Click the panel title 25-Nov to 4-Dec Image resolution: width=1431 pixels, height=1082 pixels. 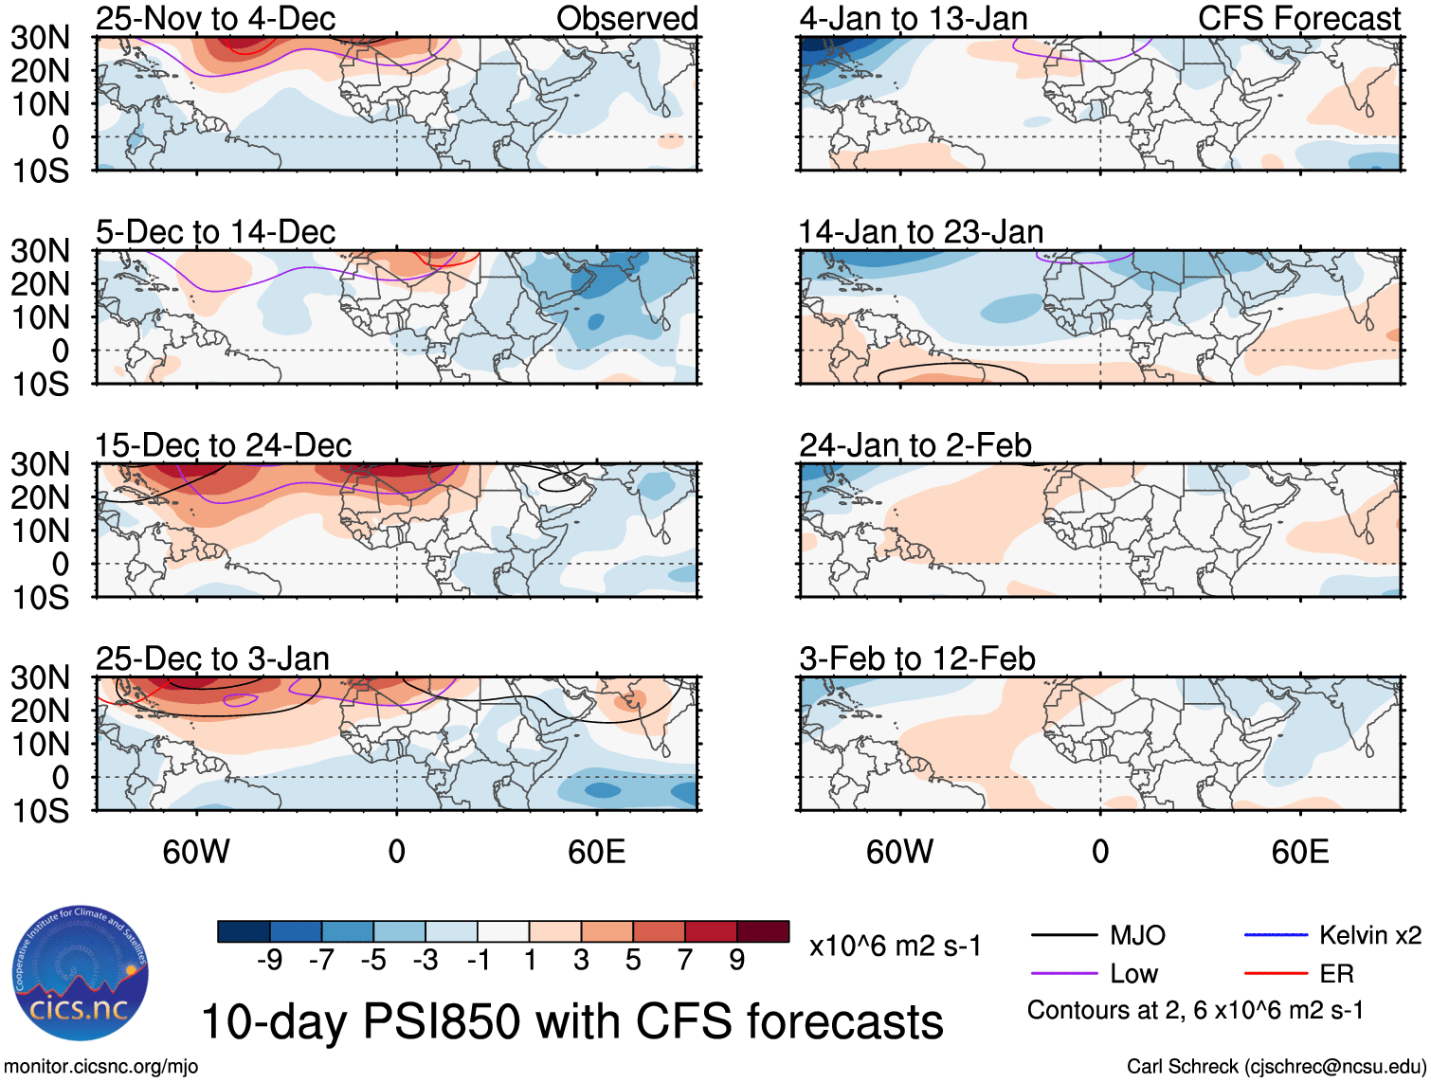tap(215, 19)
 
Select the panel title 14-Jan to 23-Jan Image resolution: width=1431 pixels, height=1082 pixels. tap(920, 232)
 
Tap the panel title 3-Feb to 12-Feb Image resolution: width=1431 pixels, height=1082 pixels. tap(916, 658)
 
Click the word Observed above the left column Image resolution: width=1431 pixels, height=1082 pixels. tap(626, 19)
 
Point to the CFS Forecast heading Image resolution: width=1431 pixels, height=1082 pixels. tap(1298, 19)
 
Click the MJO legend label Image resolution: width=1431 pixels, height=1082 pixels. tap(1137, 936)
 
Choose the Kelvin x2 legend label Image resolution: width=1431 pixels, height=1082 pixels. tap(1369, 936)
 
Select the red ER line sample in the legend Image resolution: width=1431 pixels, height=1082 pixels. tap(1275, 973)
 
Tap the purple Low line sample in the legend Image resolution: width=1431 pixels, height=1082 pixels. tap(1064, 973)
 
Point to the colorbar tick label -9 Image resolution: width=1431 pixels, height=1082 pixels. tap(270, 961)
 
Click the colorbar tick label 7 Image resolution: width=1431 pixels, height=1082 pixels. tap(685, 961)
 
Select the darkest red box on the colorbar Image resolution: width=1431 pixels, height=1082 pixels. tap(763, 931)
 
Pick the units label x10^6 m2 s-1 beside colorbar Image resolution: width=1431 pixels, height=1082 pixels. tap(895, 946)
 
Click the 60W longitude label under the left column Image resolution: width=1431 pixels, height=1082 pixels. tap(196, 852)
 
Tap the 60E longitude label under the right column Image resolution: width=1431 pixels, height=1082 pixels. tap(1299, 852)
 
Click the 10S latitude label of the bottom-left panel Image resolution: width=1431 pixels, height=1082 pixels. tap(40, 811)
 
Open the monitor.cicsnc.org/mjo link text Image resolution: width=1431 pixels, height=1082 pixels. tap(101, 1067)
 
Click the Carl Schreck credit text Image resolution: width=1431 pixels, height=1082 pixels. tap(1276, 1067)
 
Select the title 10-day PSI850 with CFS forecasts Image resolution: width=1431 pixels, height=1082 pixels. tap(572, 1021)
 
